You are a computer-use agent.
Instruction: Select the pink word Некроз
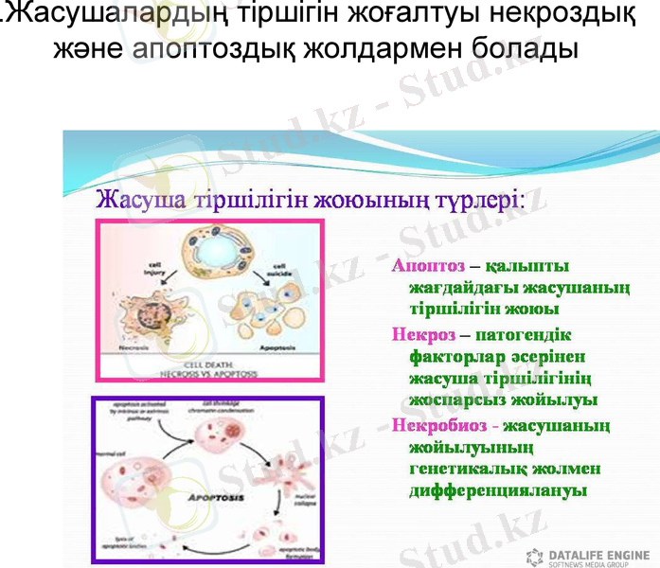point(419,334)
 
